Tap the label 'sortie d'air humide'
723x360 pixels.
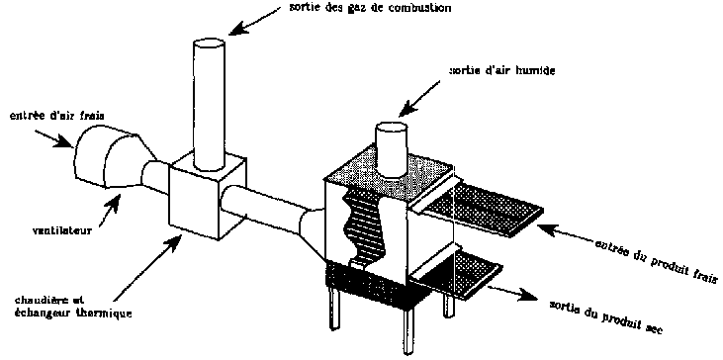click(x=502, y=71)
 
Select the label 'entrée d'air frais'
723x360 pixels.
click(x=57, y=116)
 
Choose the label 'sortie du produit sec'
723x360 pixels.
click(x=606, y=317)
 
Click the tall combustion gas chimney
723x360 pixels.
click(x=209, y=103)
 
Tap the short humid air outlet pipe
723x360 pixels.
click(x=390, y=149)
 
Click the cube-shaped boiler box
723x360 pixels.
click(x=207, y=198)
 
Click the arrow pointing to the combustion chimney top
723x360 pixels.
click(x=254, y=21)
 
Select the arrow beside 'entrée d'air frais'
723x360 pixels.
click(x=53, y=136)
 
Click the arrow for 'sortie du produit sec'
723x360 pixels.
click(x=508, y=292)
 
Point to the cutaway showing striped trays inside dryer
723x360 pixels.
click(x=364, y=226)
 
